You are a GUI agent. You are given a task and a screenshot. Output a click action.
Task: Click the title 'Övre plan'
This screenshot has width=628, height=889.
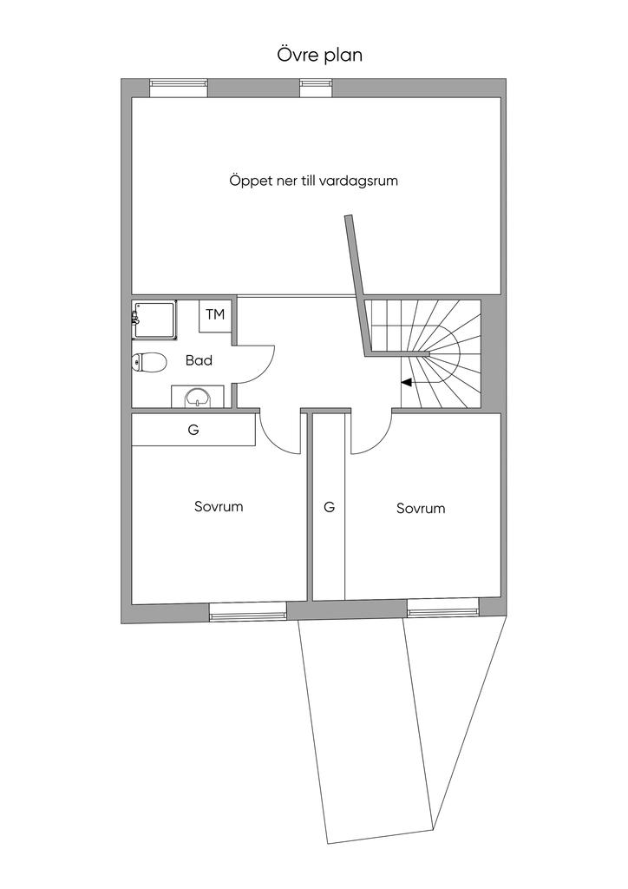(319, 55)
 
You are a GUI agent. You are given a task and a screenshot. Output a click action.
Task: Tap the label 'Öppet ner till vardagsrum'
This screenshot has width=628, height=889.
(313, 181)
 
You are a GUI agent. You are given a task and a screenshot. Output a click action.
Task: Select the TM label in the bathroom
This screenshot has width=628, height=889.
(215, 314)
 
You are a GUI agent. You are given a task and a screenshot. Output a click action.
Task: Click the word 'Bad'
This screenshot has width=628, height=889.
(199, 360)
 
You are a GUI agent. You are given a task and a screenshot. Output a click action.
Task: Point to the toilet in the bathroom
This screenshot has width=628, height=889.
(149, 363)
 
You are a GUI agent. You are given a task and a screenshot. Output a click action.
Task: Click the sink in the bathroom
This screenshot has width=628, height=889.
(197, 396)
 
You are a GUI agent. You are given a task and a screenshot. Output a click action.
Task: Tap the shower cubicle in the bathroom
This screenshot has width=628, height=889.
(154, 319)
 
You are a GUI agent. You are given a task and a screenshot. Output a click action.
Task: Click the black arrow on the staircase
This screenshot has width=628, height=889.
(407, 383)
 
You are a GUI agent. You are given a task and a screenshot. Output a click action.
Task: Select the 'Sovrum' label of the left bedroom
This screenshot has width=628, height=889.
(219, 506)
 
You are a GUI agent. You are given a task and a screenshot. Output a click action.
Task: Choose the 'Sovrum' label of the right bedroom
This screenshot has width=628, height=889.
(421, 509)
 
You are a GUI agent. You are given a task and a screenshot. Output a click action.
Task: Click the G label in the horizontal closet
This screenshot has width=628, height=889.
(193, 430)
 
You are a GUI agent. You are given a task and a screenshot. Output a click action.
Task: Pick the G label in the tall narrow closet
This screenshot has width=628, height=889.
(329, 506)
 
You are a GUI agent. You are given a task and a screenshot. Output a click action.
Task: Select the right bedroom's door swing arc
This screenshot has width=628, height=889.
(378, 442)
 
